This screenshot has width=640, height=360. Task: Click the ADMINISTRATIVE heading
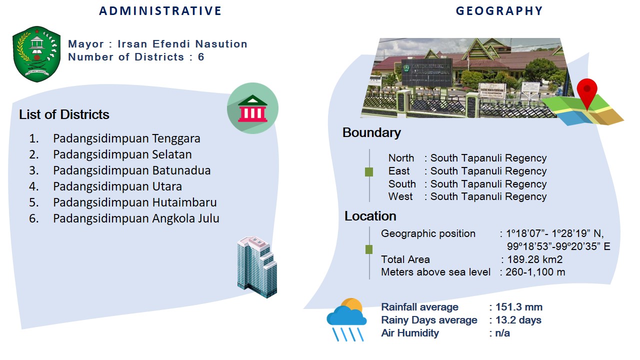[160, 11]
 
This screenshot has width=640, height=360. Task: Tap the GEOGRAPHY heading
[499, 11]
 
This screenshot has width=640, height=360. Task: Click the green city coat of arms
[36, 54]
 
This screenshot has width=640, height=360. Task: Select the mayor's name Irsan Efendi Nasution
[182, 44]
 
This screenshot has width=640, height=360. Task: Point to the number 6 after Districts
[201, 57]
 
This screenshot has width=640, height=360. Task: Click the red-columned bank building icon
[252, 108]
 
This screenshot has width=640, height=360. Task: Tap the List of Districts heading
[64, 114]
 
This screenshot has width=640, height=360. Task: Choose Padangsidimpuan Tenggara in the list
[126, 138]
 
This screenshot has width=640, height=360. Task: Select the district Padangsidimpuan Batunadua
[131, 170]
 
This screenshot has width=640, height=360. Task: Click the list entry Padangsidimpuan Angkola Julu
[136, 218]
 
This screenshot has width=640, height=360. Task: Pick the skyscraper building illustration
[257, 267]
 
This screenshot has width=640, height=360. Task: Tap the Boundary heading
[371, 133]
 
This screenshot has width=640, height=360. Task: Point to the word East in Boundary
[399, 171]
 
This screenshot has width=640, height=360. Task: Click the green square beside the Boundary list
[369, 172]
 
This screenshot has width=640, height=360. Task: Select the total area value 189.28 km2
[535, 259]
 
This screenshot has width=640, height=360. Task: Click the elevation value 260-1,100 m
[535, 272]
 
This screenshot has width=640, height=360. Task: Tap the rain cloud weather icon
[346, 319]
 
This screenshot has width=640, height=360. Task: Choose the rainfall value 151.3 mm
[519, 307]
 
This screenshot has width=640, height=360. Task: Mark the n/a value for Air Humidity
[502, 333]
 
